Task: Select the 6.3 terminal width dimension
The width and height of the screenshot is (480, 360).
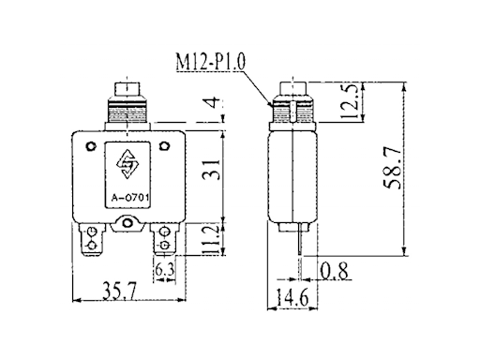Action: pos(165,271)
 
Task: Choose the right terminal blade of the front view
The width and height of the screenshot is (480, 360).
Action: pos(165,239)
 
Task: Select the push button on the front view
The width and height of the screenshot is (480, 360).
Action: pos(127,94)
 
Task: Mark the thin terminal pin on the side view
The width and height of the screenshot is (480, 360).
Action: pos(299,247)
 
